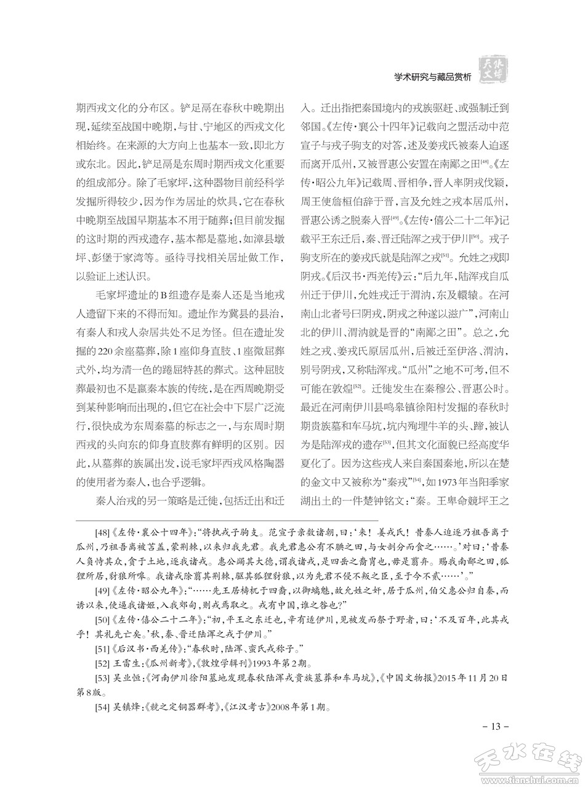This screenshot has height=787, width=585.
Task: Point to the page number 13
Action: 495,727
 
